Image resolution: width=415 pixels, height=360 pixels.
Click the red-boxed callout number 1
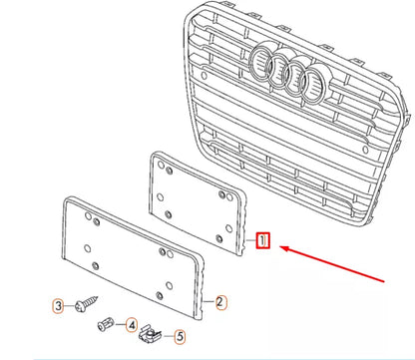coord(262,240)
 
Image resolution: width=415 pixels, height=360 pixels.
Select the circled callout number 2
coord(221,300)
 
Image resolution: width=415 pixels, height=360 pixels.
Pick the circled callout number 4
coord(131,324)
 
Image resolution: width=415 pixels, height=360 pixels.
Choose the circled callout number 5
coord(181,336)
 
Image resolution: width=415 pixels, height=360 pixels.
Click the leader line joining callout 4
coord(121,324)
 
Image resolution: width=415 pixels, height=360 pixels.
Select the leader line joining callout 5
coord(167,336)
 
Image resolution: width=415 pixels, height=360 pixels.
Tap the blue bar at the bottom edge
coord(207,357)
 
